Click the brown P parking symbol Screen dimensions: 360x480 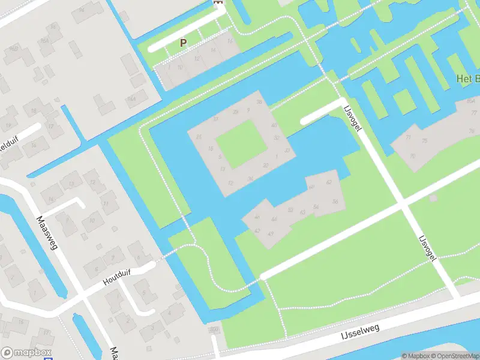[x=184, y=43]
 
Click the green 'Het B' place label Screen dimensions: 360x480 [x=468, y=79]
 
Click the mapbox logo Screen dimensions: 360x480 [x=26, y=353]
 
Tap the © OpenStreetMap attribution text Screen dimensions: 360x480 [x=454, y=356]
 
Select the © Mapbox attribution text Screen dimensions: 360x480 [x=415, y=356]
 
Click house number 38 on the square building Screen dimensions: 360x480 [x=259, y=102]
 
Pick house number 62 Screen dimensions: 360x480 [x=329, y=182]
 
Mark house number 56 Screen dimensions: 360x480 [x=335, y=202]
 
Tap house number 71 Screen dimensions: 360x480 [x=408, y=137]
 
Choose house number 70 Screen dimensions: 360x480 [x=412, y=156]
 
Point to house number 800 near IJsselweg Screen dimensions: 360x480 [x=213, y=329]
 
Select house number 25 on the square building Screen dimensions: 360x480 [x=199, y=136]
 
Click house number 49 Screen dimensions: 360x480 [x=271, y=233]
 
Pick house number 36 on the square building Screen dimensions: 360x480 [x=250, y=178]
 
